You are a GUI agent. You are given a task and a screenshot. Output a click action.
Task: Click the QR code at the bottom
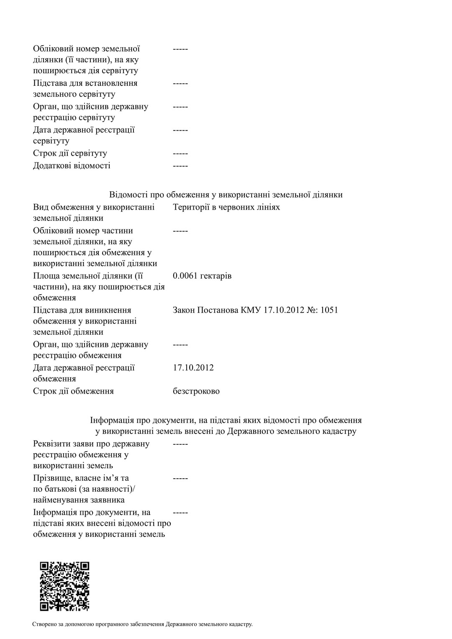point(64,586)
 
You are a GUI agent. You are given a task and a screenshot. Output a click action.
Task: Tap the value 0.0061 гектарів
point(202,276)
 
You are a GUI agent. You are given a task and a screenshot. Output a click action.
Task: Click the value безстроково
point(196,391)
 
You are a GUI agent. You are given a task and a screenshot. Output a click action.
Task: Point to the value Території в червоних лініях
point(226,207)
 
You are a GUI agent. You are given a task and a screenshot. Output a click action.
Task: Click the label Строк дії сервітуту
point(70,153)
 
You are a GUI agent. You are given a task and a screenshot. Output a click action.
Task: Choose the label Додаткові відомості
point(72,166)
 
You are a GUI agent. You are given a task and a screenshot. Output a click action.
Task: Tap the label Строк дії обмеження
point(73,391)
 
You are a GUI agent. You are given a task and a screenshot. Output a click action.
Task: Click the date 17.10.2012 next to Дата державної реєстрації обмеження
point(193,368)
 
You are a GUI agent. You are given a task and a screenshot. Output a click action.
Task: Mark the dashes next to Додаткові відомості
point(180,166)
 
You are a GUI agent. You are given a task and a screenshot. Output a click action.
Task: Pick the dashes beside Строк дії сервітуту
point(180,153)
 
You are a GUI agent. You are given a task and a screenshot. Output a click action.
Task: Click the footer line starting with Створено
point(142,624)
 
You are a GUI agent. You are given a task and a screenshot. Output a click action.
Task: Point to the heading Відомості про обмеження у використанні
point(226,195)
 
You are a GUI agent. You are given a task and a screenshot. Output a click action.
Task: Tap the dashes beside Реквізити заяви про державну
point(180,444)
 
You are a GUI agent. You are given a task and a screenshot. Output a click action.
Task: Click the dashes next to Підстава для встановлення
point(180,83)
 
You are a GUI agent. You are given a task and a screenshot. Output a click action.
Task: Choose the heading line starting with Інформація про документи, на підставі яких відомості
point(226,420)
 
